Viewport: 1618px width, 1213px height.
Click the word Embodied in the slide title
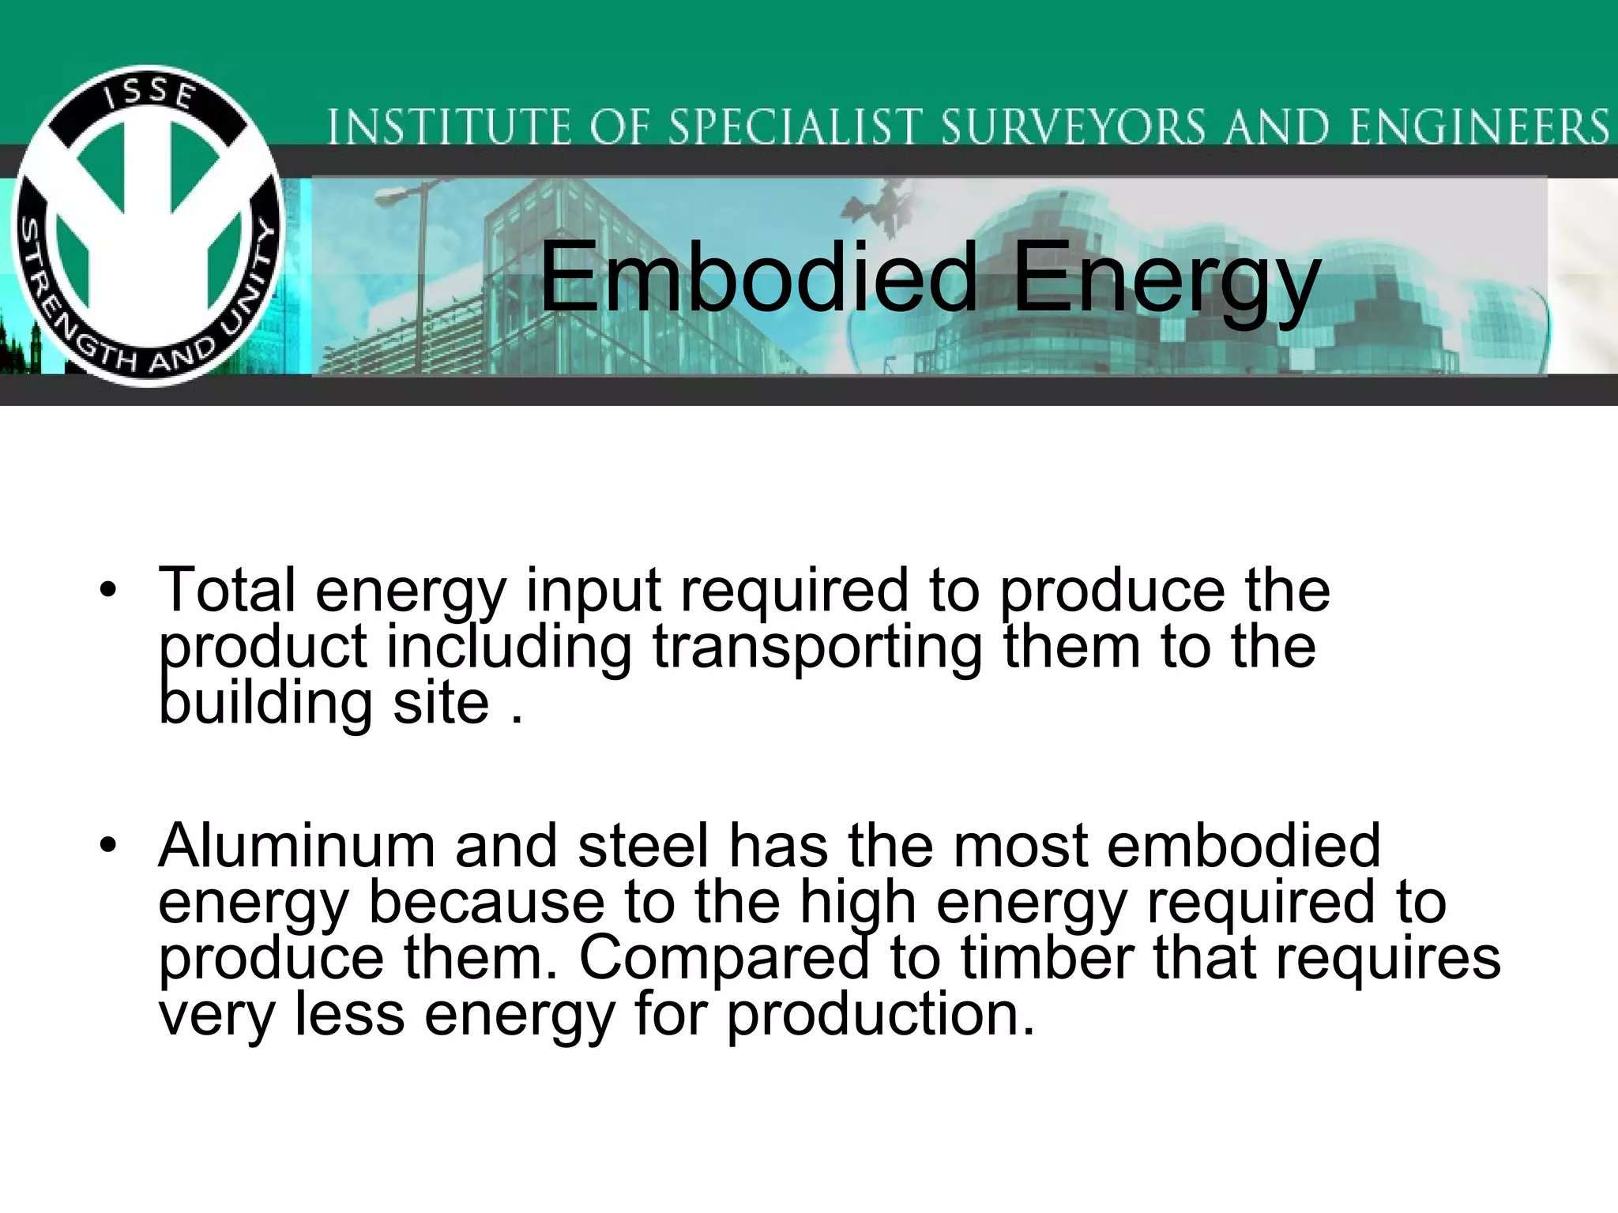click(758, 278)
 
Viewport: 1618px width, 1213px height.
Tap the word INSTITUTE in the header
click(449, 128)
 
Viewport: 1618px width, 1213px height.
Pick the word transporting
click(818, 648)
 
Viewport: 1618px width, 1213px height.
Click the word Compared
click(724, 959)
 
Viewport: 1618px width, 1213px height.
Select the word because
click(487, 903)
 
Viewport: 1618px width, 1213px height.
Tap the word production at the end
click(880, 1016)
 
